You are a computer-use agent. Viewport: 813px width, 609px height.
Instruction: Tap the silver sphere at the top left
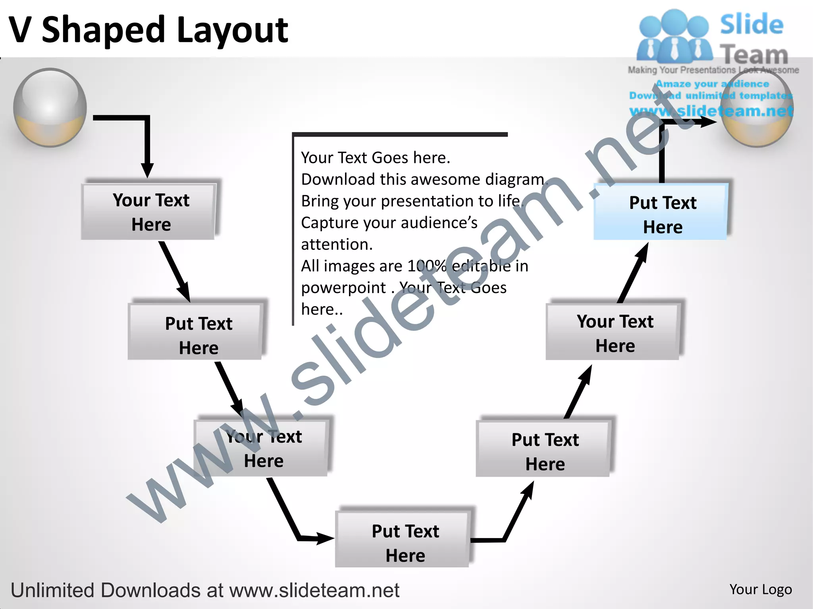50,107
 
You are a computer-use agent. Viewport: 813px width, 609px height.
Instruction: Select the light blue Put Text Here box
661,214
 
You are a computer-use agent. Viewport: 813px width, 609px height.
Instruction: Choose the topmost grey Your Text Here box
150,212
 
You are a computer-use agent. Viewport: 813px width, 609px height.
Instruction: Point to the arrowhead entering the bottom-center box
324,538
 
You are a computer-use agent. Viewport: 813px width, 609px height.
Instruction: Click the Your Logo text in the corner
760,590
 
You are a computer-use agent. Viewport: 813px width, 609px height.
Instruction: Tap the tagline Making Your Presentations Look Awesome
713,70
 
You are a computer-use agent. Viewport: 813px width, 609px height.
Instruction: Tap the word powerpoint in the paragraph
343,288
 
